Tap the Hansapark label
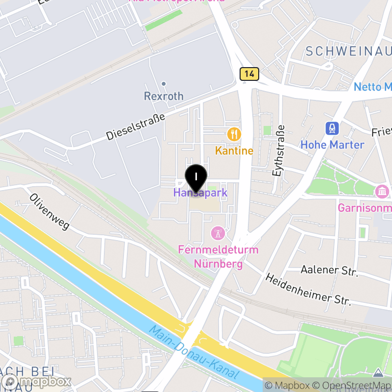pos(200,193)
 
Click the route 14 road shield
pos(249,74)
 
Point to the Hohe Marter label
pos(332,145)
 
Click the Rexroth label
pos(164,96)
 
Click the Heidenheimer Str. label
pos(309,290)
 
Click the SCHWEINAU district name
pos(347,51)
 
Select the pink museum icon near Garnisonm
pos(381,190)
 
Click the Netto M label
pos(372,87)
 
